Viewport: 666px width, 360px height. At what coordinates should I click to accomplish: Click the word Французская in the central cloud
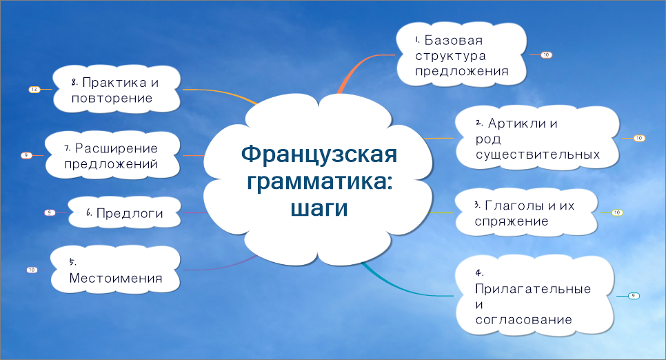pos(319,153)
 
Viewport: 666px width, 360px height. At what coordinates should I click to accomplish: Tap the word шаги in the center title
pos(319,208)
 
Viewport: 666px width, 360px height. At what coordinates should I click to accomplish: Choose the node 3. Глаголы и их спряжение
pos(525,213)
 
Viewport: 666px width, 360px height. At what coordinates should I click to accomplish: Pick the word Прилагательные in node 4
pos(534,289)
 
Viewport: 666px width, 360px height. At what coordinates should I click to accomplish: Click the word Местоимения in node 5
pos(116,279)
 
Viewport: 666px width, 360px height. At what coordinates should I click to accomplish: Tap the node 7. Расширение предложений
pos(112,156)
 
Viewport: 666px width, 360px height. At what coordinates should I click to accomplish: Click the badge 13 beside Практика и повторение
pos(34,90)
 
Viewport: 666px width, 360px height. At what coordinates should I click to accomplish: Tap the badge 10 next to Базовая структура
pos(546,54)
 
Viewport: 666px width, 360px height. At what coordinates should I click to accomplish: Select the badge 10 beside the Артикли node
pos(638,138)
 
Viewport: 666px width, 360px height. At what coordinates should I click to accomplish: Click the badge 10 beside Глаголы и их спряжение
pos(616,212)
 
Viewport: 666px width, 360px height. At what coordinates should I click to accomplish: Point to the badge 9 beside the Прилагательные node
pos(634,296)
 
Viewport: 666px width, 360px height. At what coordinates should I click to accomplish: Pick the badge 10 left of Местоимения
pos(32,270)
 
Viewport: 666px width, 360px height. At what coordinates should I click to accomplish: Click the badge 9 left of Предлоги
pos(50,212)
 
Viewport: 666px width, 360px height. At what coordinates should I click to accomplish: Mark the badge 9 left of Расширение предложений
pos(26,155)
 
